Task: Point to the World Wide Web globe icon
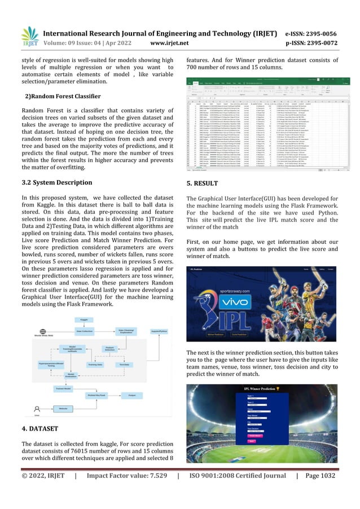[40, 334]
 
